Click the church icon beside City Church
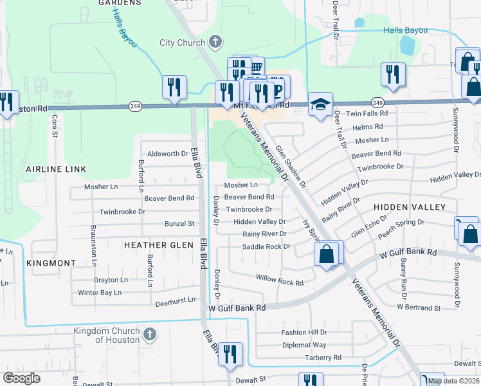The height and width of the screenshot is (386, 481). pyautogui.click(x=215, y=42)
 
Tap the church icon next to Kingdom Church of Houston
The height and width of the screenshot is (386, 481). pyautogui.click(x=149, y=335)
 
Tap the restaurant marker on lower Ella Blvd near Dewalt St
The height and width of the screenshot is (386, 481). pyautogui.click(x=230, y=354)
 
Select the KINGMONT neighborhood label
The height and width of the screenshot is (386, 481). pyautogui.click(x=51, y=263)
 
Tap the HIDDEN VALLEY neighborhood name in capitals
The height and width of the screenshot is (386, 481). pyautogui.click(x=410, y=207)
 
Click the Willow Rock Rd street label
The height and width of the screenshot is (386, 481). pyautogui.click(x=279, y=281)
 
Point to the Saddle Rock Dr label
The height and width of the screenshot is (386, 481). pyautogui.click(x=266, y=246)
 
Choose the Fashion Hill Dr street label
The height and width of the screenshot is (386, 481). pyautogui.click(x=304, y=333)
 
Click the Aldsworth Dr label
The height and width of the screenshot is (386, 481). pyautogui.click(x=167, y=154)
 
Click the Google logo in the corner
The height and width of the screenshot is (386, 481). pyautogui.click(x=21, y=378)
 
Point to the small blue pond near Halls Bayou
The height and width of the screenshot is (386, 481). pyautogui.click(x=406, y=45)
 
